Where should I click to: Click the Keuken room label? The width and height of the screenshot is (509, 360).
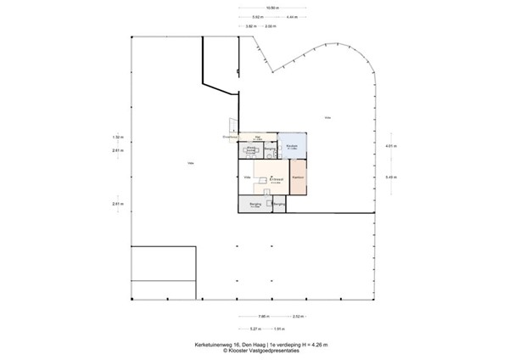pyautogui.click(x=290, y=146)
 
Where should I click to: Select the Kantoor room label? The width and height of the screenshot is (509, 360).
pyautogui.click(x=298, y=177)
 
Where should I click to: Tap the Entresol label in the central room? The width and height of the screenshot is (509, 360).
pyautogui.click(x=276, y=179)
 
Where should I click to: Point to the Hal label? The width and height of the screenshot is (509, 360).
pyautogui.click(x=257, y=136)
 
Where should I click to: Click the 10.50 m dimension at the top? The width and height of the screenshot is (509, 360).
pyautogui.click(x=271, y=9)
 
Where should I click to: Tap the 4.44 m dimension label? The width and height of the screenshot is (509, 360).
pyautogui.click(x=293, y=17)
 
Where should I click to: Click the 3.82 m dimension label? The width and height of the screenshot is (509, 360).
pyautogui.click(x=250, y=25)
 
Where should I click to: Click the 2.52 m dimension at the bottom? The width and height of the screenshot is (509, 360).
pyautogui.click(x=296, y=317)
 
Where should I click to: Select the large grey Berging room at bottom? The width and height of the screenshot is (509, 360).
pyautogui.click(x=255, y=205)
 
